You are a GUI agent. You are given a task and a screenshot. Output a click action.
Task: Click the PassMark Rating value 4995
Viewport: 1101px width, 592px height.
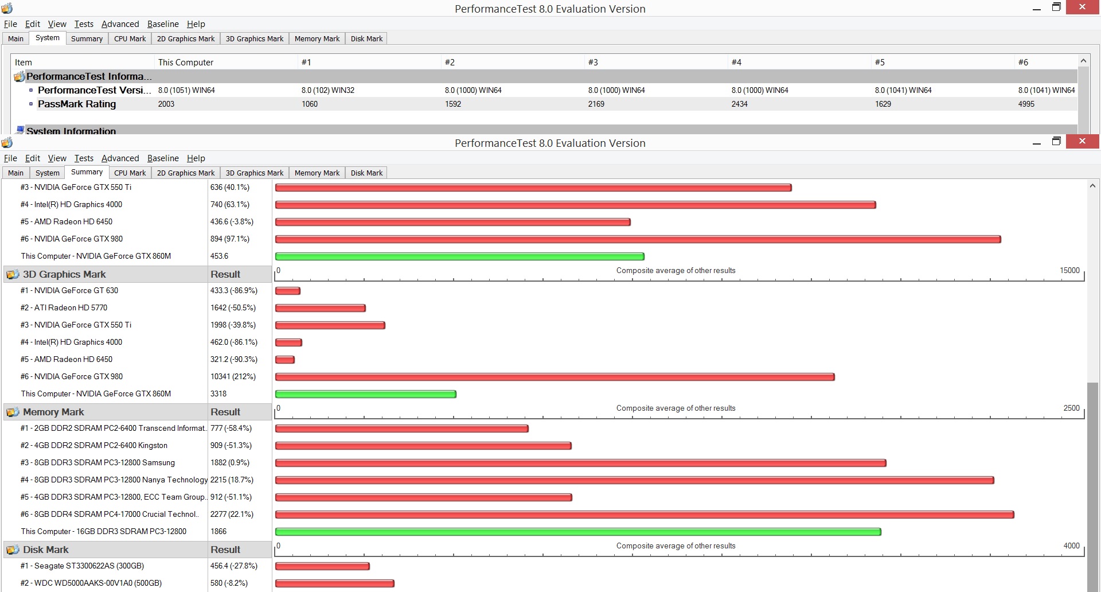(x=1026, y=104)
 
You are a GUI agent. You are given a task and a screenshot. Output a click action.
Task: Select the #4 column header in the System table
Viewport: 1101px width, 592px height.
(x=736, y=62)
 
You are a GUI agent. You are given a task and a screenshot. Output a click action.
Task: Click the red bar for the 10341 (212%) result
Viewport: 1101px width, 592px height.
(x=555, y=377)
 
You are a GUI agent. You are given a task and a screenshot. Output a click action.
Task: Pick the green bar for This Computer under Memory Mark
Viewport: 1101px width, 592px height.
(x=578, y=532)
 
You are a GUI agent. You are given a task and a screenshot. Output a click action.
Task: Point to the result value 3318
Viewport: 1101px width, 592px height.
(x=218, y=394)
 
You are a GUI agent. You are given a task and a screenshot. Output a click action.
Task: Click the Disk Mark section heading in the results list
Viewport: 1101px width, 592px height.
(x=45, y=550)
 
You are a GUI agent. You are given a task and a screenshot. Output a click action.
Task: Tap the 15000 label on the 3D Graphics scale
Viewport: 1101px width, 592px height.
(x=1069, y=270)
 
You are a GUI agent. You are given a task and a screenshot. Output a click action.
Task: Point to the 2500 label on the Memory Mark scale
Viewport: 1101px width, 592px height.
(x=1071, y=408)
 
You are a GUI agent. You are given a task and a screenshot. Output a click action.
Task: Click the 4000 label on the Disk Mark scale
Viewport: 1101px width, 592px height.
(x=1071, y=546)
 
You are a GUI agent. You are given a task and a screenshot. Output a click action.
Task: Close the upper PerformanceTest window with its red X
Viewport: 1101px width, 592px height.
(x=1082, y=7)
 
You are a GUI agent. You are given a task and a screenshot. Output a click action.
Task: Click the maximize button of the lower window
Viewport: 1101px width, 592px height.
(x=1056, y=141)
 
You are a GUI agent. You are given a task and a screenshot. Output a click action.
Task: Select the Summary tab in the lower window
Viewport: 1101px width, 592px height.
(x=87, y=172)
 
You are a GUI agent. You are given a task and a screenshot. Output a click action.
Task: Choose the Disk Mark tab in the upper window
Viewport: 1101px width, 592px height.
(x=366, y=38)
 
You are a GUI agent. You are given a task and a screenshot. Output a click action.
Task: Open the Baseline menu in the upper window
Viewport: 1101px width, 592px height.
(x=163, y=24)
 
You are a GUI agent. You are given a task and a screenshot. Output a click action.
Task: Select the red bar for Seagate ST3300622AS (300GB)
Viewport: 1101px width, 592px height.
(x=322, y=566)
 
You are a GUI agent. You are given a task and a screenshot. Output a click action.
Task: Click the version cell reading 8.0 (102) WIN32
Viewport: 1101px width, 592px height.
(x=328, y=90)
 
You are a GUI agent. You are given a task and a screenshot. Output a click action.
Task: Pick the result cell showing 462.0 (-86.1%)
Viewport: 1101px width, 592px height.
(x=234, y=342)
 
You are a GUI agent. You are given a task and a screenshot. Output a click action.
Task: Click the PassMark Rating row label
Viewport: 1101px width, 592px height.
(x=77, y=104)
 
